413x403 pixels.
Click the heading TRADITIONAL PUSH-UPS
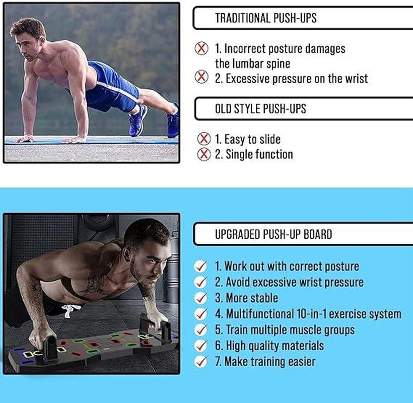click(265, 18)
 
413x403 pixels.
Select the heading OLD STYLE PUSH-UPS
click(260, 109)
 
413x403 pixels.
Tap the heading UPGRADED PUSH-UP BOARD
click(273, 234)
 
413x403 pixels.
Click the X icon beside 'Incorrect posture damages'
click(201, 49)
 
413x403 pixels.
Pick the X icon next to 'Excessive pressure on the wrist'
click(201, 78)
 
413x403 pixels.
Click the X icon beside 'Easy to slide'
click(203, 139)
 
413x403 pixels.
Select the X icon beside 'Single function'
click(203, 154)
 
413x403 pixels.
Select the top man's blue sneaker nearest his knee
click(137, 119)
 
